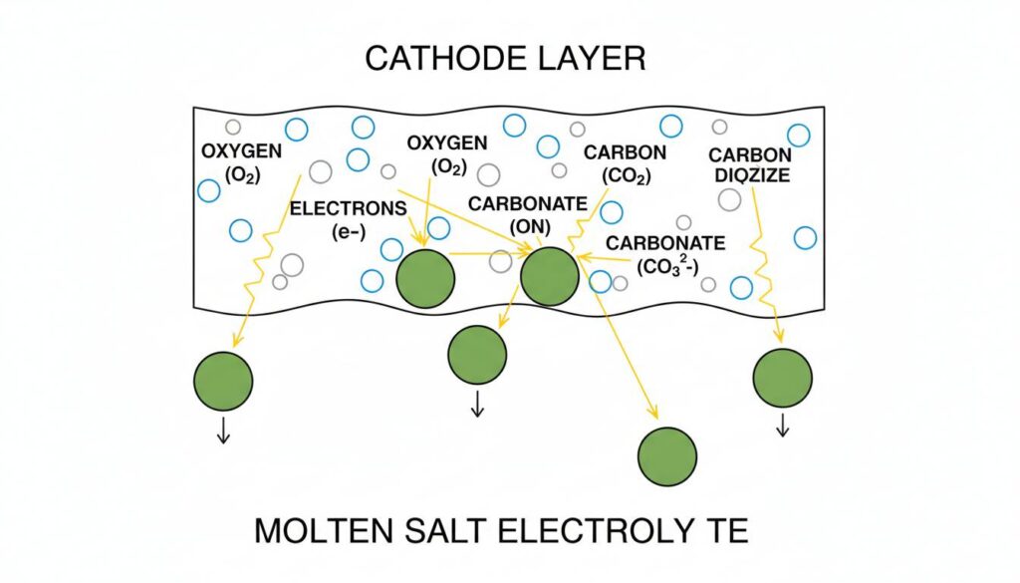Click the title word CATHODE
pyautogui.click(x=444, y=59)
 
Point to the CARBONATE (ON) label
pyautogui.click(x=529, y=213)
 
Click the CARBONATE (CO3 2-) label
pyautogui.click(x=665, y=254)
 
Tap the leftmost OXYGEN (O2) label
pyautogui.click(x=241, y=162)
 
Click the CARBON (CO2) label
pyautogui.click(x=626, y=164)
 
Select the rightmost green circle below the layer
pyautogui.click(x=783, y=378)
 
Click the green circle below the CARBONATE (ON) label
pyautogui.click(x=549, y=276)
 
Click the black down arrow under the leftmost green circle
pyautogui.click(x=223, y=431)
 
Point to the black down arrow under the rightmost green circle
pyautogui.click(x=783, y=426)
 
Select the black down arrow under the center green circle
pyautogui.click(x=477, y=406)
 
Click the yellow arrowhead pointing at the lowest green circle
pyautogui.click(x=654, y=414)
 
